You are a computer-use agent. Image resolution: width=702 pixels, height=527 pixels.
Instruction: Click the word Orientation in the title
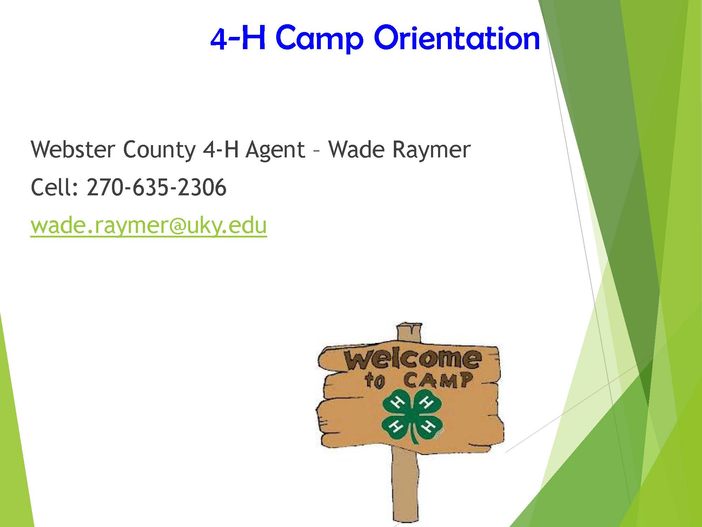tap(457, 38)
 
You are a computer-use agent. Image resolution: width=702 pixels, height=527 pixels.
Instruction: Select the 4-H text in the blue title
tap(237, 38)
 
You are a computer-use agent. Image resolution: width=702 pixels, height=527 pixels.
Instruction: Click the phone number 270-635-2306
tap(157, 187)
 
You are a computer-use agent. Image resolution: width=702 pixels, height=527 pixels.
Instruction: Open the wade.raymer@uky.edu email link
tap(149, 226)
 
